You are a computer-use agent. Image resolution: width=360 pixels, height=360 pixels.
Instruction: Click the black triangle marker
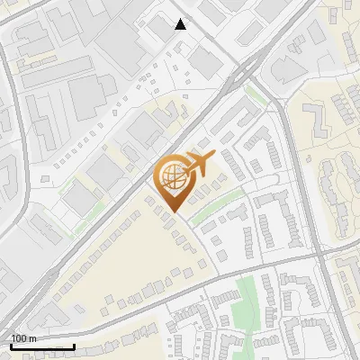click(x=181, y=24)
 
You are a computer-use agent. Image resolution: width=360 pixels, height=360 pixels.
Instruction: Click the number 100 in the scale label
click(x=20, y=338)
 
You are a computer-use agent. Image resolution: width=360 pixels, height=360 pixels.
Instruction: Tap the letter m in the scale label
click(x=34, y=338)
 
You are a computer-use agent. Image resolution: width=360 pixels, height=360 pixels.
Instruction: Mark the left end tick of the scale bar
click(x=11, y=346)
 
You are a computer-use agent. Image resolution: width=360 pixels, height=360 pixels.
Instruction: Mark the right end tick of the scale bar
click(x=74, y=346)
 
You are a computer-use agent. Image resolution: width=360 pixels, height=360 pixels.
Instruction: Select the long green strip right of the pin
click(x=216, y=209)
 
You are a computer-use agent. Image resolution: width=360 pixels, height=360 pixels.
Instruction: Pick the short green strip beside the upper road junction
click(x=256, y=93)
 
